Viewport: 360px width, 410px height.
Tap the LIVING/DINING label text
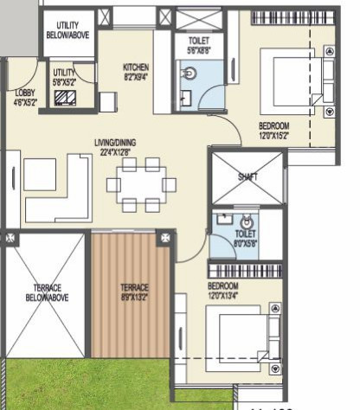click(x=115, y=143)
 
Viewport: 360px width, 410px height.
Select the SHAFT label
click(x=247, y=176)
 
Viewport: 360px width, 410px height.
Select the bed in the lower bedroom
click(x=246, y=337)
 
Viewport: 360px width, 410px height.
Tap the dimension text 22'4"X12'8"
click(x=116, y=152)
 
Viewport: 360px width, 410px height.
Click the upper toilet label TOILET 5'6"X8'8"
click(x=191, y=46)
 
